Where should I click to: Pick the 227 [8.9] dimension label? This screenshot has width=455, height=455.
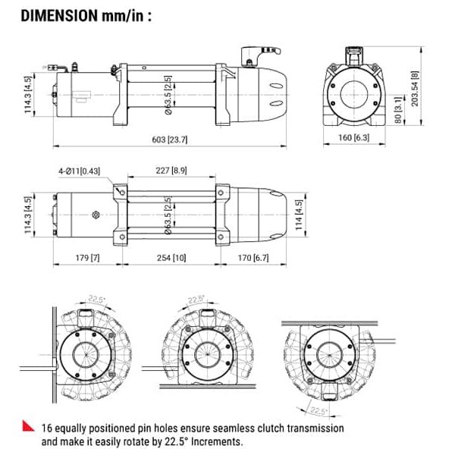point(171,171)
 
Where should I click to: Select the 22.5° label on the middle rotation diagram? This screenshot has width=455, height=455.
point(196,300)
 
